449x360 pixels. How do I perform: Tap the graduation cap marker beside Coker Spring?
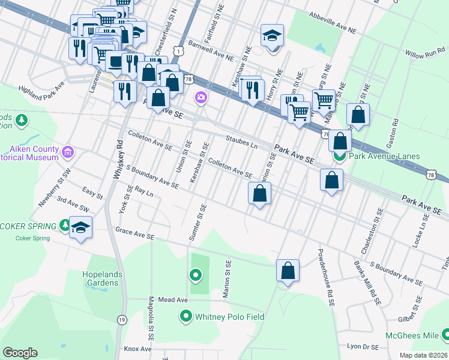click(x=80, y=228)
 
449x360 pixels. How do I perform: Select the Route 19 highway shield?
click(x=122, y=320)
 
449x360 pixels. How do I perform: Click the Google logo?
click(x=20, y=353)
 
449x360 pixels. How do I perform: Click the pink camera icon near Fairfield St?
click(x=200, y=97)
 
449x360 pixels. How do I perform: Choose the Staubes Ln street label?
click(x=242, y=142)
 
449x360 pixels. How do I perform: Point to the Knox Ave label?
click(x=137, y=349)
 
